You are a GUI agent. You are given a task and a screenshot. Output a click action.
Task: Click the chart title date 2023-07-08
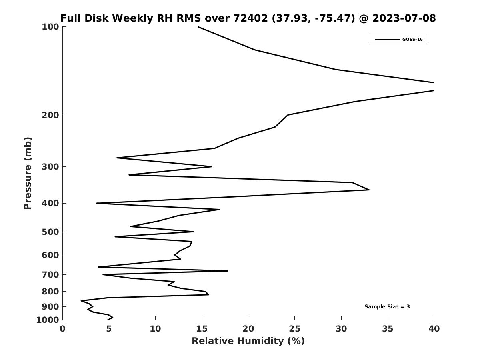404,18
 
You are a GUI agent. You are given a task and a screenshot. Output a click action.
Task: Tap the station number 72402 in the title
251,18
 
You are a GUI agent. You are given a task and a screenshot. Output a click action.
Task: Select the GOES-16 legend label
412,40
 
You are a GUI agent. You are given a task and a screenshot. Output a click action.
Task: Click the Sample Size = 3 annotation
387,306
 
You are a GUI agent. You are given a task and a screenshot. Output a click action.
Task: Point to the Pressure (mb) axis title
28,173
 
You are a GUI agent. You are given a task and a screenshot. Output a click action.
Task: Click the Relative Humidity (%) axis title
248,341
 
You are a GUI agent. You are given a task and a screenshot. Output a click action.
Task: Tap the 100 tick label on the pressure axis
50,27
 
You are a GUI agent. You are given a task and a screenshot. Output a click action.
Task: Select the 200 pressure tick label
50,115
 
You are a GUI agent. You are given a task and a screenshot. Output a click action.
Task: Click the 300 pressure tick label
50,166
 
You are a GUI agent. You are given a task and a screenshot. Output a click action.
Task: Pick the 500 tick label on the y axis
50,232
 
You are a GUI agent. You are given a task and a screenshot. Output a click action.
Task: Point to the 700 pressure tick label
50,274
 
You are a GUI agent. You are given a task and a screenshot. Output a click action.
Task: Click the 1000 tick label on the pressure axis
48,320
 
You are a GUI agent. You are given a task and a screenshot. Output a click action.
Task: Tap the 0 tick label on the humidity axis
62,328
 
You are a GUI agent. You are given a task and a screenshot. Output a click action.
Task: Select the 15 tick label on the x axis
202,328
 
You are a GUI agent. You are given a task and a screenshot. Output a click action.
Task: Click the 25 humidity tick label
294,328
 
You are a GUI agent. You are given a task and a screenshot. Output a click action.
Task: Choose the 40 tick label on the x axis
434,328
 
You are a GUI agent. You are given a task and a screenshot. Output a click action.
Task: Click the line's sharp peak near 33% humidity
369,190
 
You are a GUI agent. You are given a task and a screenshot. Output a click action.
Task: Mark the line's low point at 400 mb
97,203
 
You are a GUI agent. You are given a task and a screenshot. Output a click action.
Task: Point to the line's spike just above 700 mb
228,271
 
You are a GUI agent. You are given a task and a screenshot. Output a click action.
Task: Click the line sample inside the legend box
387,40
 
